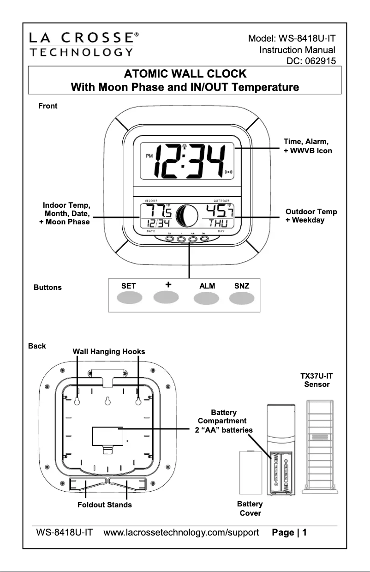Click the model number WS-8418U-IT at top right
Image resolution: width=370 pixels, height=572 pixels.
292,37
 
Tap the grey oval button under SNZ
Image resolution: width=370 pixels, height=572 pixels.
242,299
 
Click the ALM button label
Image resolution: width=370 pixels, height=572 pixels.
207,286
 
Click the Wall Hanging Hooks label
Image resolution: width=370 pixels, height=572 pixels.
109,352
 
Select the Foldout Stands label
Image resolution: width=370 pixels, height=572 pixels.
105,505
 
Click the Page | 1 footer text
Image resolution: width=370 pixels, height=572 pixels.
289,533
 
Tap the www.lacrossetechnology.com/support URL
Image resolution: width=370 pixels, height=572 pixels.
181,533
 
